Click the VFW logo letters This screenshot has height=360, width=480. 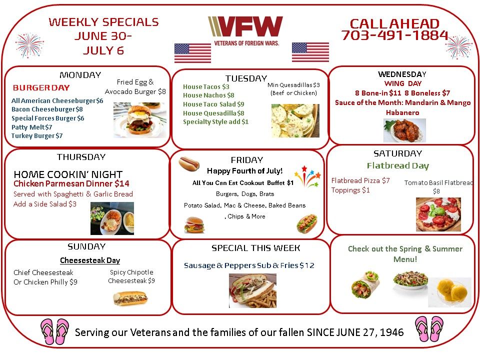(245, 26)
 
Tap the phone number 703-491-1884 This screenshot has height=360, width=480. (394, 35)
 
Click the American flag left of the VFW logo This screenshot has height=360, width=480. (192, 53)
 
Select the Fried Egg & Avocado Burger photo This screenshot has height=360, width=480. (140, 120)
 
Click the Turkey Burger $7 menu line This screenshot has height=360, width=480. (37, 135)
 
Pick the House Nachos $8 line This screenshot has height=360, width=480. (208, 95)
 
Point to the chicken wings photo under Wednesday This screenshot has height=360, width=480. (404, 130)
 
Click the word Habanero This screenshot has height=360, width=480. (402, 112)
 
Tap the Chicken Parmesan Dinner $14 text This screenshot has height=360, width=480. (71, 183)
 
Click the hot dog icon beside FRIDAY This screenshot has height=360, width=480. (189, 163)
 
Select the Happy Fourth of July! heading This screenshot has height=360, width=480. (244, 171)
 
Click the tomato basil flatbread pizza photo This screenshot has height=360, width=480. (438, 214)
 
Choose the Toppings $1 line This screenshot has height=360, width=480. (350, 190)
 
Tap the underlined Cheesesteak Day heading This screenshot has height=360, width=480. (90, 260)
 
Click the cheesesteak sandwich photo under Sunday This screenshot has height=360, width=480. (130, 298)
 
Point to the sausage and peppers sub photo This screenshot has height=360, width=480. (252, 291)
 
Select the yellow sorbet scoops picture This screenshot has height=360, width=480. (449, 292)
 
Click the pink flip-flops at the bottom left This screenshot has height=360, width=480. (55, 332)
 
